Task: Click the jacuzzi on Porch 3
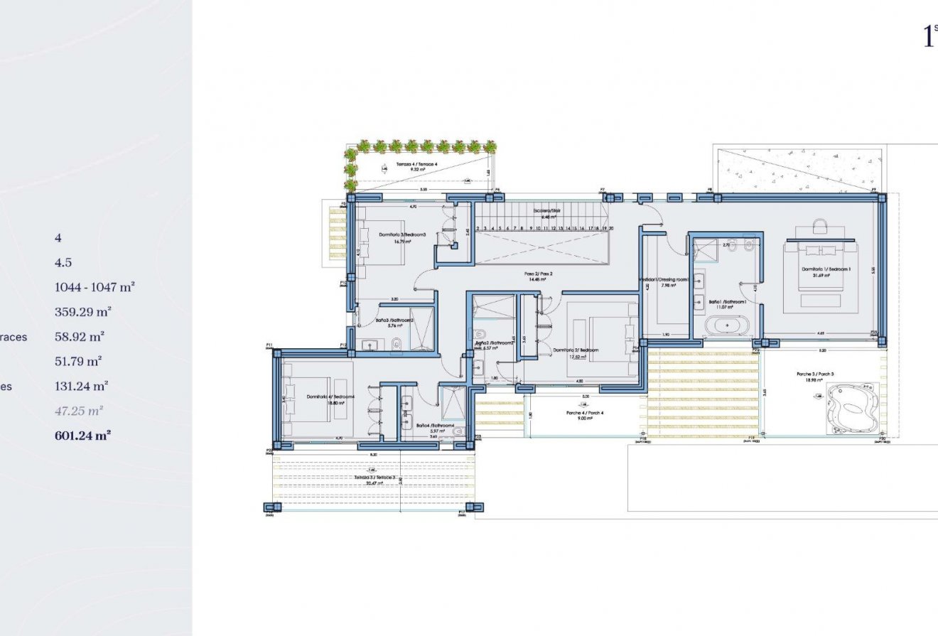(851, 409)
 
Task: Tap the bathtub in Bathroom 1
(726, 326)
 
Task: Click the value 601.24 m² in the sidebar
(82, 436)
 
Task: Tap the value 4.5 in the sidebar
(63, 262)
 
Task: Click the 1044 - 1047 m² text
(95, 287)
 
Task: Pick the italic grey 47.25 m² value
(79, 411)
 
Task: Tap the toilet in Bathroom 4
(458, 431)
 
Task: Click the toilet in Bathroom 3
(398, 345)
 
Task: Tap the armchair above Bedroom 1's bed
(820, 227)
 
